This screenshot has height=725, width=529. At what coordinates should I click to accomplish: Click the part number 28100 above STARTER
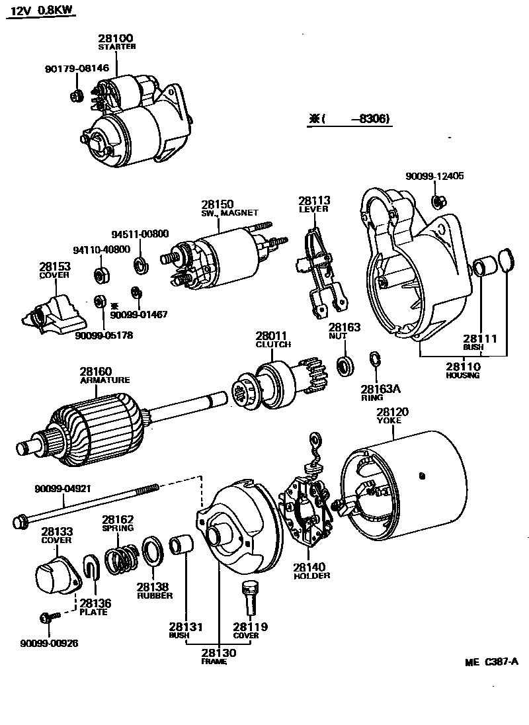tap(116, 38)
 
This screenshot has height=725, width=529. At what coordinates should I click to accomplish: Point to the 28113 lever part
tap(321, 272)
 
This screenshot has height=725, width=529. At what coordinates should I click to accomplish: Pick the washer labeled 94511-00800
tap(140, 265)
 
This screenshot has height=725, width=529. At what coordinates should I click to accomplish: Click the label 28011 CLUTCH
tap(271, 340)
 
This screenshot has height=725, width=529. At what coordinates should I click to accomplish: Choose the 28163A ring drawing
tap(374, 360)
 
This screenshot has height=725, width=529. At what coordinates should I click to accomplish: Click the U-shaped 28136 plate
tap(92, 570)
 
